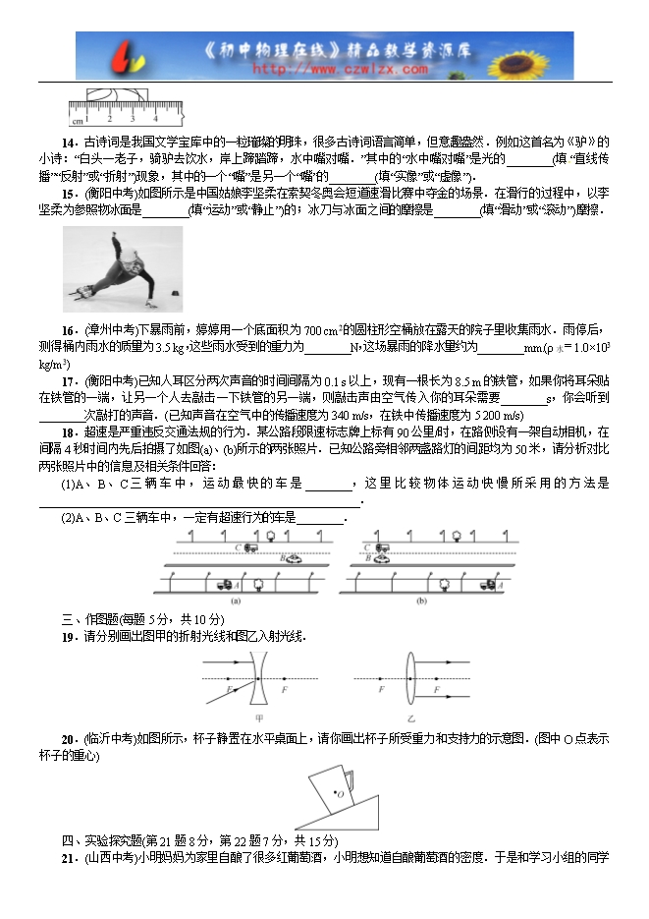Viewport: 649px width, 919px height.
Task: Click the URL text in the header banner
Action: click(x=340, y=70)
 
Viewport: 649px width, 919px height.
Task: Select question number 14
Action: click(x=69, y=141)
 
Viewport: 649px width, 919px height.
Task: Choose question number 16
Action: click(x=69, y=328)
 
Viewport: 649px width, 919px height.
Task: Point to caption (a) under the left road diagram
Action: click(x=236, y=601)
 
